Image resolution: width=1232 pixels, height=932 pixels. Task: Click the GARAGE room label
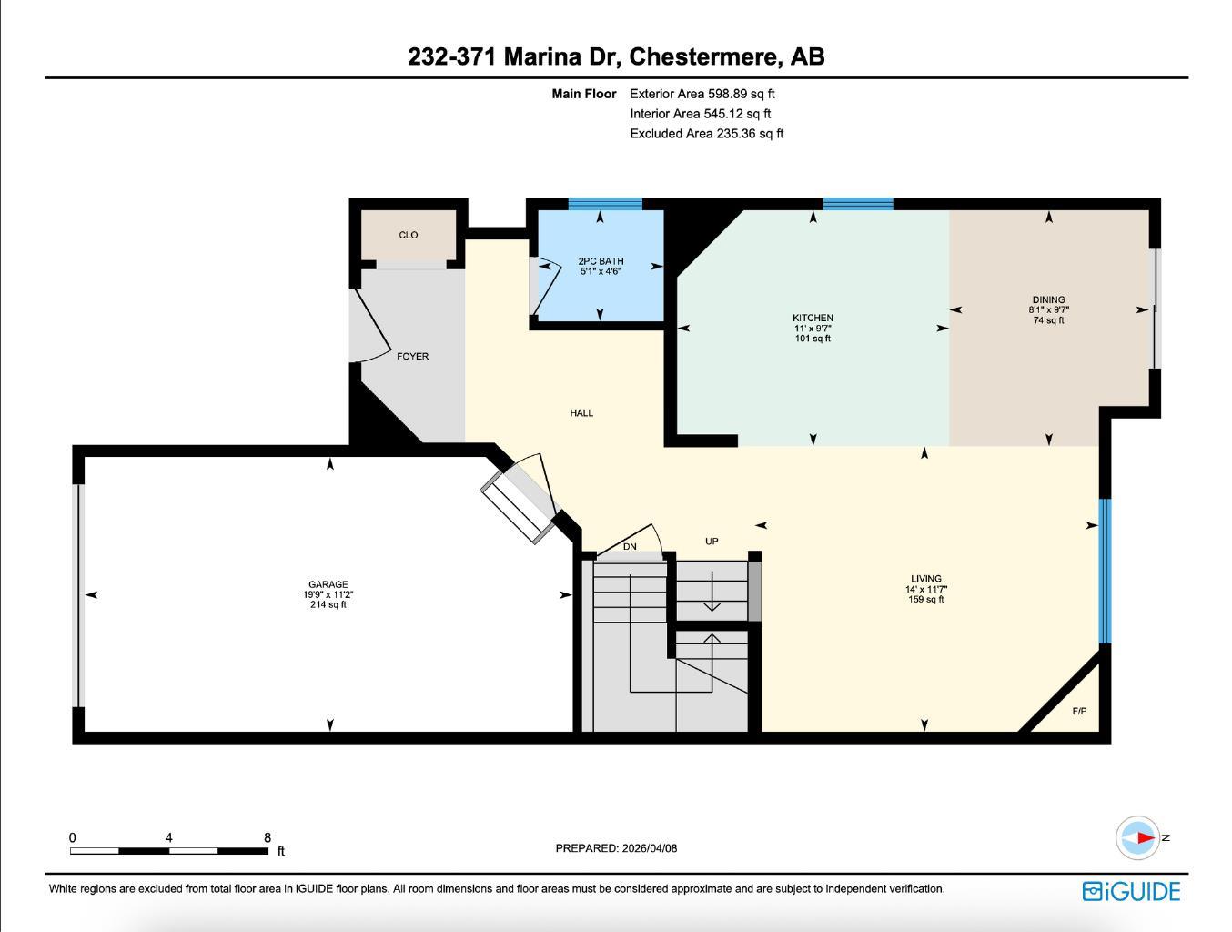[x=328, y=585]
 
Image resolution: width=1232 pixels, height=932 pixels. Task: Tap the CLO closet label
[x=409, y=235]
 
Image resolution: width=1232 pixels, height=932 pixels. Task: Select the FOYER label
[x=412, y=357]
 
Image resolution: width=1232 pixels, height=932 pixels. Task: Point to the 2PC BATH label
[x=601, y=261]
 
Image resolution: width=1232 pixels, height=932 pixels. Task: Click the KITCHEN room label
[x=813, y=319]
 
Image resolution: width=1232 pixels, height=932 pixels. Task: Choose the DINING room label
[x=1048, y=300]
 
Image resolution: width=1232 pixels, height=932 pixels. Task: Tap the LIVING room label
[x=926, y=579]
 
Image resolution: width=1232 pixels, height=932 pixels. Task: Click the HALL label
[x=581, y=413]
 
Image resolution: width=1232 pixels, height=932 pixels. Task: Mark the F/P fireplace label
[x=1079, y=712]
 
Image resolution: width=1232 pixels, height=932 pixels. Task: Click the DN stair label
[x=630, y=547]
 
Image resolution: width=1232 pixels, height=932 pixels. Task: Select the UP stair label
[x=712, y=542]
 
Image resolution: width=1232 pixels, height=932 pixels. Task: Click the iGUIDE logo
[x=1131, y=891]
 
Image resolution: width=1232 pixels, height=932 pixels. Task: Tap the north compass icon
[x=1138, y=837]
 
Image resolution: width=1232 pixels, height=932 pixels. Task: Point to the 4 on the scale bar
[x=169, y=838]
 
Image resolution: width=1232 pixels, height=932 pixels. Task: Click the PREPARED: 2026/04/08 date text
[x=616, y=848]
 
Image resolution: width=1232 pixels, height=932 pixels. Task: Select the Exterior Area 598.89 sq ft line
[x=702, y=94]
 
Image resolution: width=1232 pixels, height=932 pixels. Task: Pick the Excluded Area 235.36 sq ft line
[x=706, y=134]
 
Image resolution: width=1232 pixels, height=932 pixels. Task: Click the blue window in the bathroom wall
[x=605, y=204]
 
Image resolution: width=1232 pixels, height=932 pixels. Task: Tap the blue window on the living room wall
[x=1105, y=571]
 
